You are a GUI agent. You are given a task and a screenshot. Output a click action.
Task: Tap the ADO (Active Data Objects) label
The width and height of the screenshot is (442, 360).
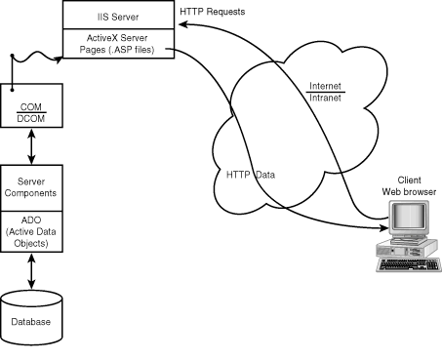[x=32, y=231]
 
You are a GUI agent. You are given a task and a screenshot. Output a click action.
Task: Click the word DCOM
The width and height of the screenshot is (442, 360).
[x=32, y=116]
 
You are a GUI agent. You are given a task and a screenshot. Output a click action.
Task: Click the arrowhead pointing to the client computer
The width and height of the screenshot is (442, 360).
[x=379, y=231]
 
